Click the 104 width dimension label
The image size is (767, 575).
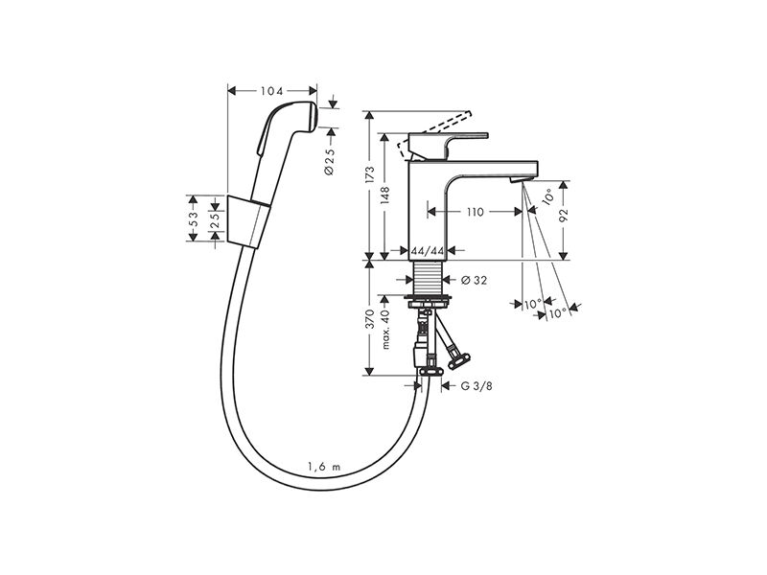[272, 91]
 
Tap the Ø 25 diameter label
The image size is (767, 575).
[330, 161]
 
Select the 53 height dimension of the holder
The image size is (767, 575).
[193, 218]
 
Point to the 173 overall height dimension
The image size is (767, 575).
[370, 175]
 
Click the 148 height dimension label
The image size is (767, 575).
[385, 195]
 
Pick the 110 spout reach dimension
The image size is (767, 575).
[475, 212]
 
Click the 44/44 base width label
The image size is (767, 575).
[428, 251]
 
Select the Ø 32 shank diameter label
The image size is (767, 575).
[474, 280]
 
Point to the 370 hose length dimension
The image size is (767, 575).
[370, 318]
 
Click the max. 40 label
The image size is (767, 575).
[385, 329]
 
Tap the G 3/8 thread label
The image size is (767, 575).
[476, 386]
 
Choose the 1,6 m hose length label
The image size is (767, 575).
[324, 467]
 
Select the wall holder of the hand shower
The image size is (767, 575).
[248, 221]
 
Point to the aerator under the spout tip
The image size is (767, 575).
[518, 181]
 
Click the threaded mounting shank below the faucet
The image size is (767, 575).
[428, 278]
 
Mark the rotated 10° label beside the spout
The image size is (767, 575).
[548, 196]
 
